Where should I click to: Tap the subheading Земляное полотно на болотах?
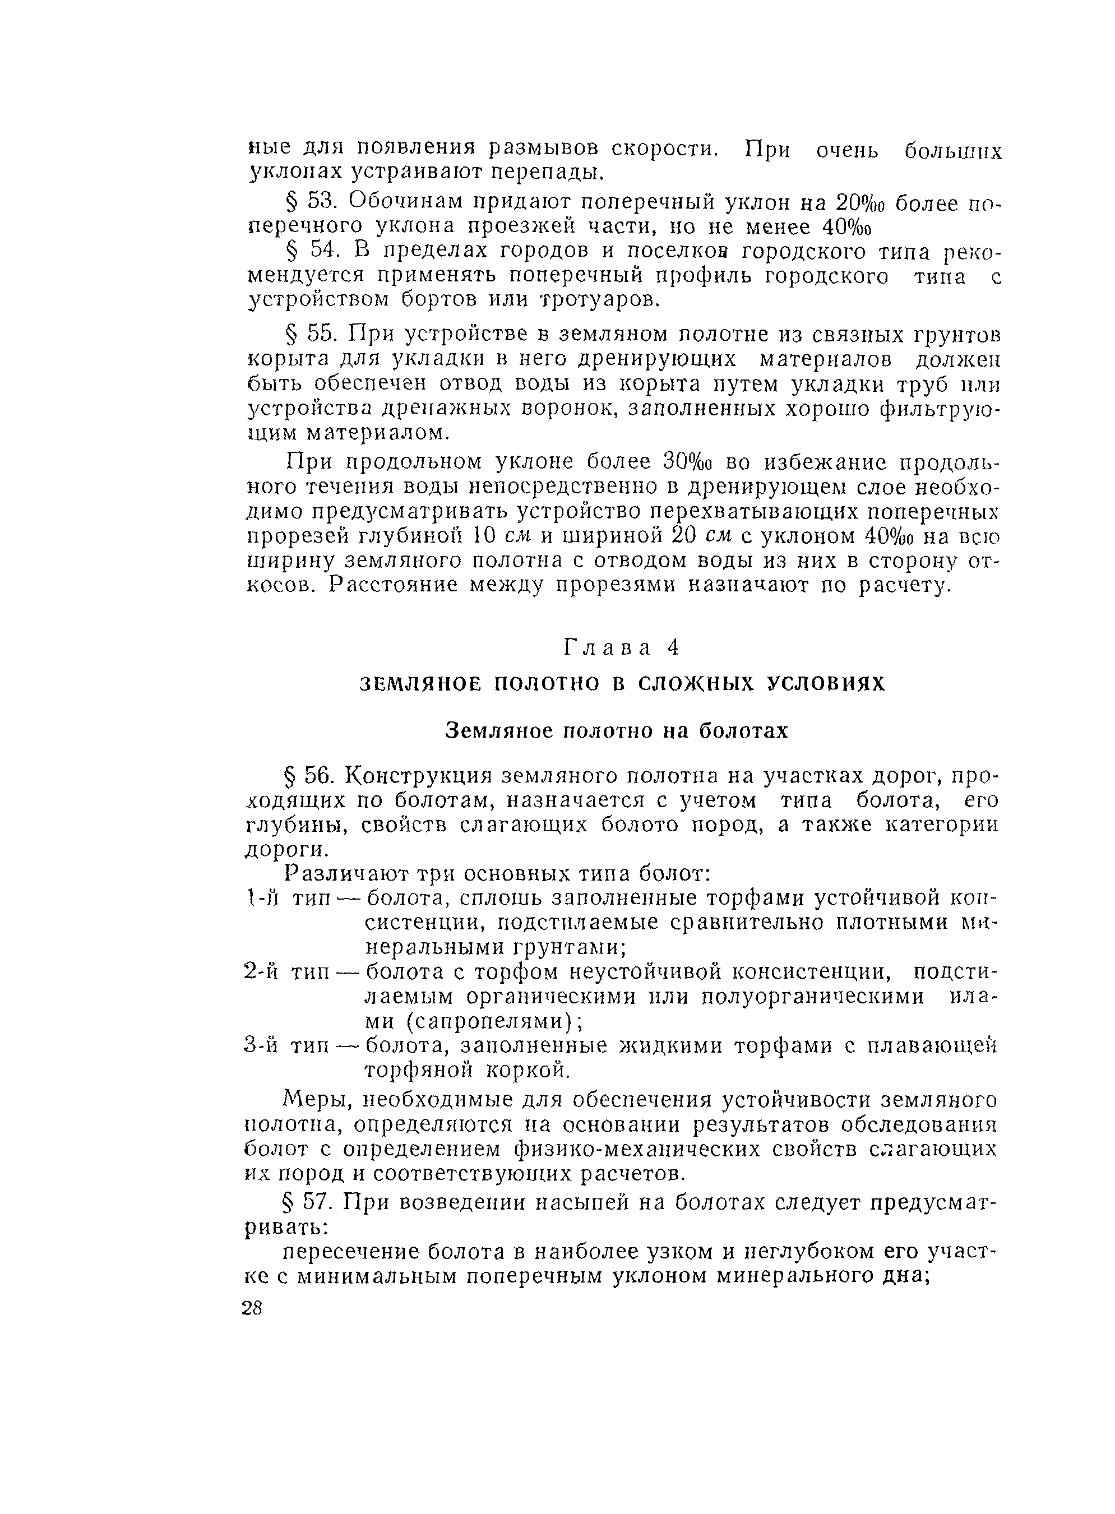pyautogui.click(x=616, y=731)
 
